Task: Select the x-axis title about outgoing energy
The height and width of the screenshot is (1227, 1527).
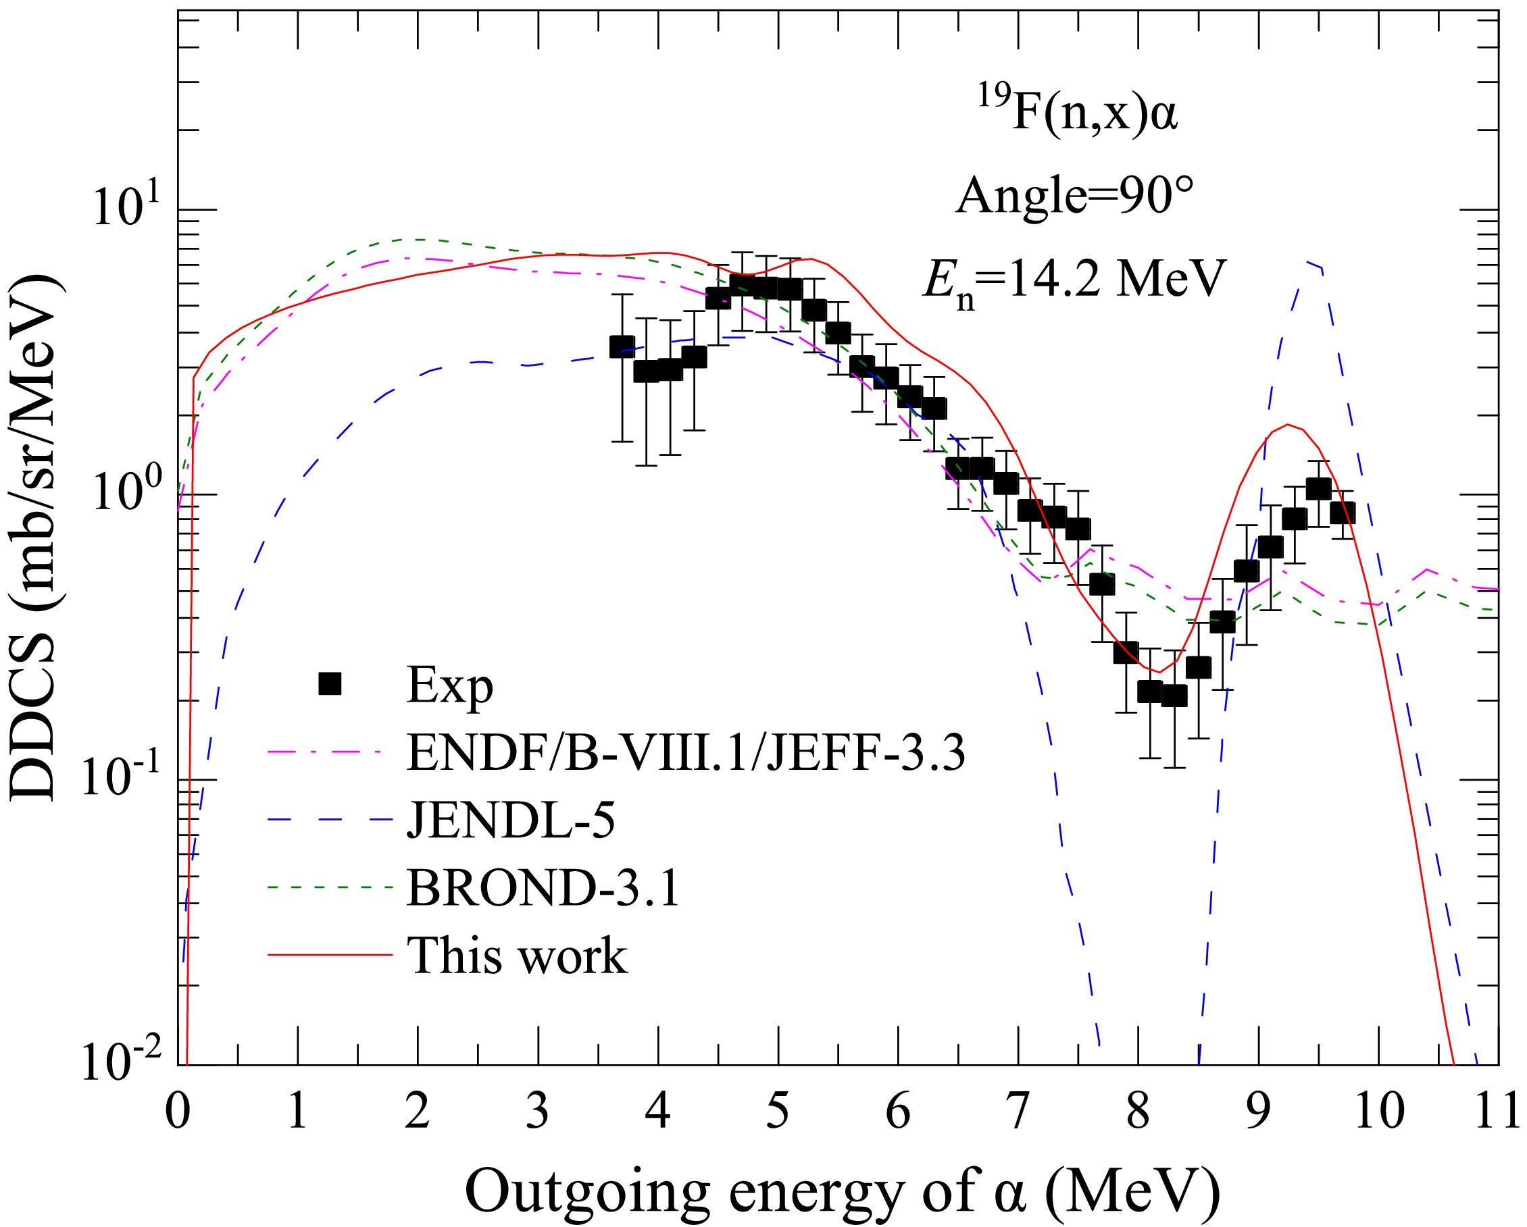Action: [843, 1189]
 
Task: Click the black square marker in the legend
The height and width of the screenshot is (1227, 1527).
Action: [330, 684]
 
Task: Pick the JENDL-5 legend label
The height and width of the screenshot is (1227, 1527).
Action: [511, 820]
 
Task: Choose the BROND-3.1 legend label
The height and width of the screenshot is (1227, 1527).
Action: [543, 887]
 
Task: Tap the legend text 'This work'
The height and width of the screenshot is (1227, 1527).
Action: [517, 955]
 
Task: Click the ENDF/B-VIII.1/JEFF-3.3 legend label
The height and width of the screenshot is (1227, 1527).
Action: [686, 753]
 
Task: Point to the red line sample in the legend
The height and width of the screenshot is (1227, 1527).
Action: [330, 954]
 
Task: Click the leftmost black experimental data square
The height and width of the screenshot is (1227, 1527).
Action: [622, 346]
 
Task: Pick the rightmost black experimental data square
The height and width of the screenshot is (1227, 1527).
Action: [1342, 512]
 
